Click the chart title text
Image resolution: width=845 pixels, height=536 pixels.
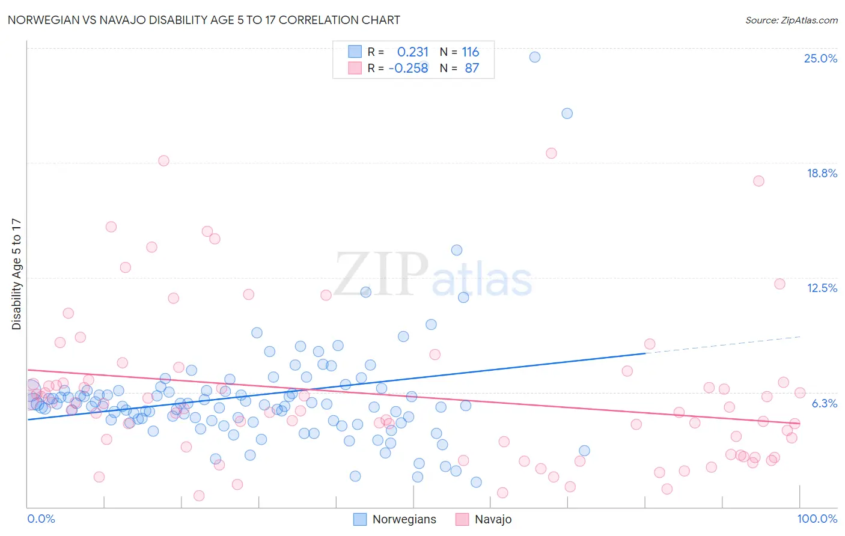click(x=204, y=20)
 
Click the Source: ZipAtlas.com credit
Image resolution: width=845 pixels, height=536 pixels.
click(x=791, y=20)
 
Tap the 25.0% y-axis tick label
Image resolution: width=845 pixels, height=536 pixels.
click(x=820, y=58)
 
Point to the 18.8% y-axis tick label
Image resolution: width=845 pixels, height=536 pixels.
click(x=822, y=173)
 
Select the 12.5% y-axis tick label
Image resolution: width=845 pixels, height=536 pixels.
click(x=822, y=288)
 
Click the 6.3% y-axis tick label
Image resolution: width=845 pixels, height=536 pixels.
click(x=824, y=403)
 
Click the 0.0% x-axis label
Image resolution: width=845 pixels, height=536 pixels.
click(x=41, y=519)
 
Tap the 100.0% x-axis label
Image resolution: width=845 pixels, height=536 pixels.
click(x=817, y=519)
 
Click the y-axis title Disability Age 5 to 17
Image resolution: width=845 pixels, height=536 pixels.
click(x=16, y=274)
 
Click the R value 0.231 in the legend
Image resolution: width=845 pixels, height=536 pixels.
click(x=413, y=52)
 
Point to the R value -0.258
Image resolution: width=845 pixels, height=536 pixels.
click(x=409, y=68)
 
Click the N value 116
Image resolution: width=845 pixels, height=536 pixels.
click(x=470, y=52)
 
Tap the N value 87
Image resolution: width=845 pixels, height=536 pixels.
click(x=472, y=68)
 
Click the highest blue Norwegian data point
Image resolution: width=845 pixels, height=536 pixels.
click(x=535, y=57)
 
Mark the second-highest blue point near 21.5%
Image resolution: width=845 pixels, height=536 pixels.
click(x=567, y=114)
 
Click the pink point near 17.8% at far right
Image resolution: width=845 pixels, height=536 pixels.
click(x=758, y=181)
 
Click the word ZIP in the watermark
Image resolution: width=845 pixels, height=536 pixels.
click(x=381, y=275)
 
